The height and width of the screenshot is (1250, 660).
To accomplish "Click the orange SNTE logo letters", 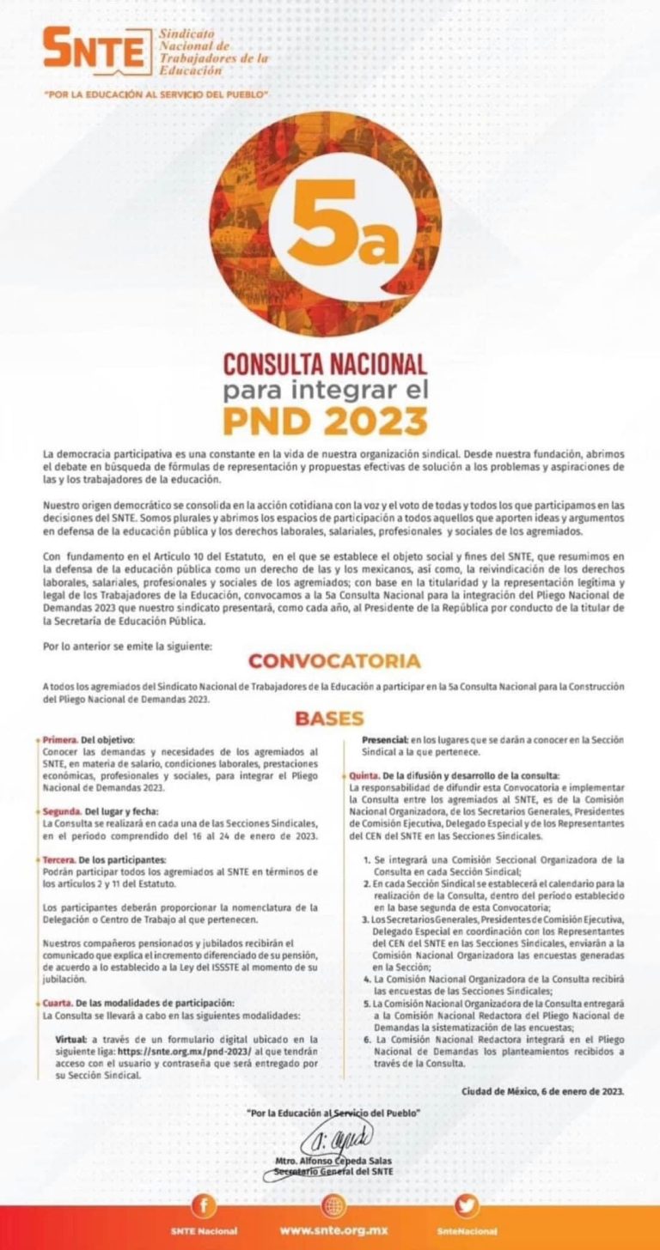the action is pyautogui.click(x=95, y=51).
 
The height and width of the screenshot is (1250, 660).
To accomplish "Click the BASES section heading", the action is pyautogui.click(x=329, y=719).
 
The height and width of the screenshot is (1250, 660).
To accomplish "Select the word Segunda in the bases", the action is pyautogui.click(x=62, y=810).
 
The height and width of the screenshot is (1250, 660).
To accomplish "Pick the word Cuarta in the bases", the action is pyautogui.click(x=58, y=1002).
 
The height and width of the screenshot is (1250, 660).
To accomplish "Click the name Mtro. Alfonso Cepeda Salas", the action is pyautogui.click(x=333, y=1160).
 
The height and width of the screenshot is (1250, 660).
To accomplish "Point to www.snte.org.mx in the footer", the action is pyautogui.click(x=333, y=1230).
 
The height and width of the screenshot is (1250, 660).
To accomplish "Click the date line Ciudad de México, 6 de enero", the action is pyautogui.click(x=542, y=1091).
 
